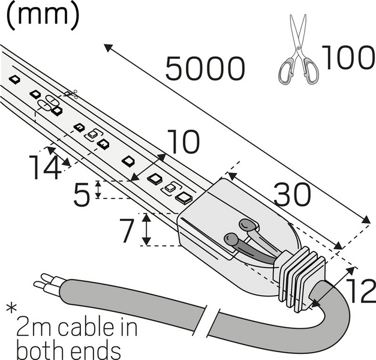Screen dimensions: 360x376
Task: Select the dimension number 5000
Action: point(205,69)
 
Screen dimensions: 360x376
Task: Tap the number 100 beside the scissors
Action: point(348,58)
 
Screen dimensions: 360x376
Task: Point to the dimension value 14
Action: point(44,167)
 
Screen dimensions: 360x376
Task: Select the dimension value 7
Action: point(125,231)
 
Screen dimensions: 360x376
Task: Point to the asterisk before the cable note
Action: point(11,310)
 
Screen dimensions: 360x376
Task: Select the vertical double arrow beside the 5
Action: point(99,190)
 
